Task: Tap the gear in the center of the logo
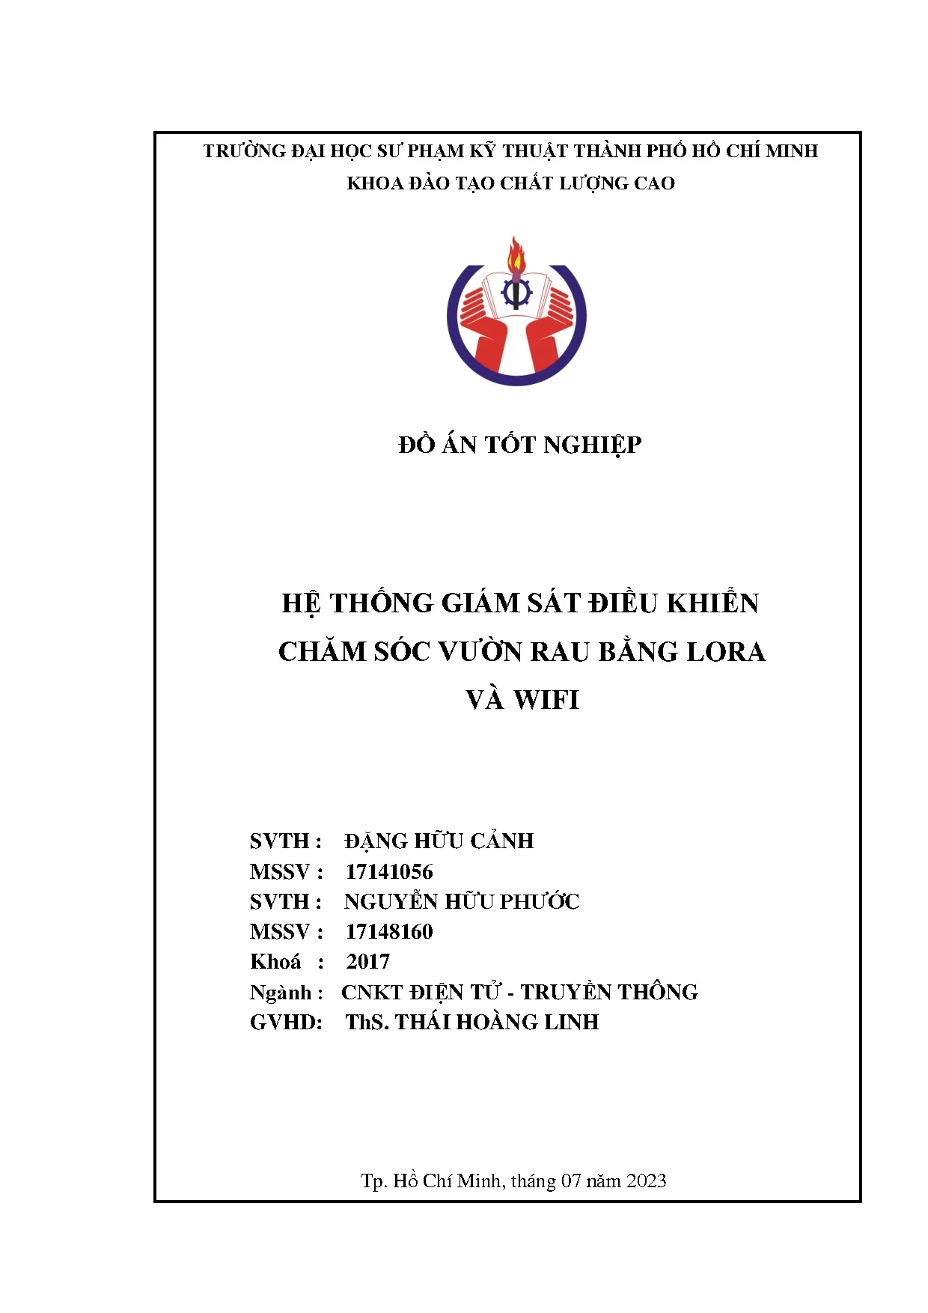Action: [x=516, y=293]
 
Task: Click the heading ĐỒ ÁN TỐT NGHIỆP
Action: [x=519, y=445]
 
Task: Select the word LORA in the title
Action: [x=726, y=652]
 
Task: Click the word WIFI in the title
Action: [x=546, y=700]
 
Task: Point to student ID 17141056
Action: [x=389, y=871]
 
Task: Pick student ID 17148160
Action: [x=389, y=931]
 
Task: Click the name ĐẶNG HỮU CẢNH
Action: [x=439, y=841]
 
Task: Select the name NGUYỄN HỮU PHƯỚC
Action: [x=462, y=901]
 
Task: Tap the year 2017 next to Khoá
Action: [x=367, y=961]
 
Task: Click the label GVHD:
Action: [x=286, y=1022]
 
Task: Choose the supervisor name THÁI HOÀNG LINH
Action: [x=497, y=1022]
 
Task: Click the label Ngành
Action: [x=281, y=993]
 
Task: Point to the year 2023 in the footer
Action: [x=646, y=1181]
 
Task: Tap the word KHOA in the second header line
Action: [x=374, y=183]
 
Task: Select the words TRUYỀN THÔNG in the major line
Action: [x=609, y=992]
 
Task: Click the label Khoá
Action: [x=275, y=961]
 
